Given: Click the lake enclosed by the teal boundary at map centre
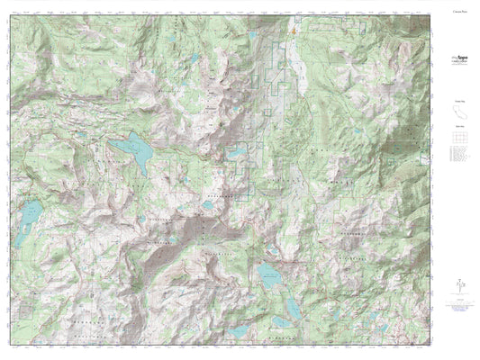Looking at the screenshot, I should coord(235,154).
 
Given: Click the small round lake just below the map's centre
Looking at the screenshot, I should coord(208,204).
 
